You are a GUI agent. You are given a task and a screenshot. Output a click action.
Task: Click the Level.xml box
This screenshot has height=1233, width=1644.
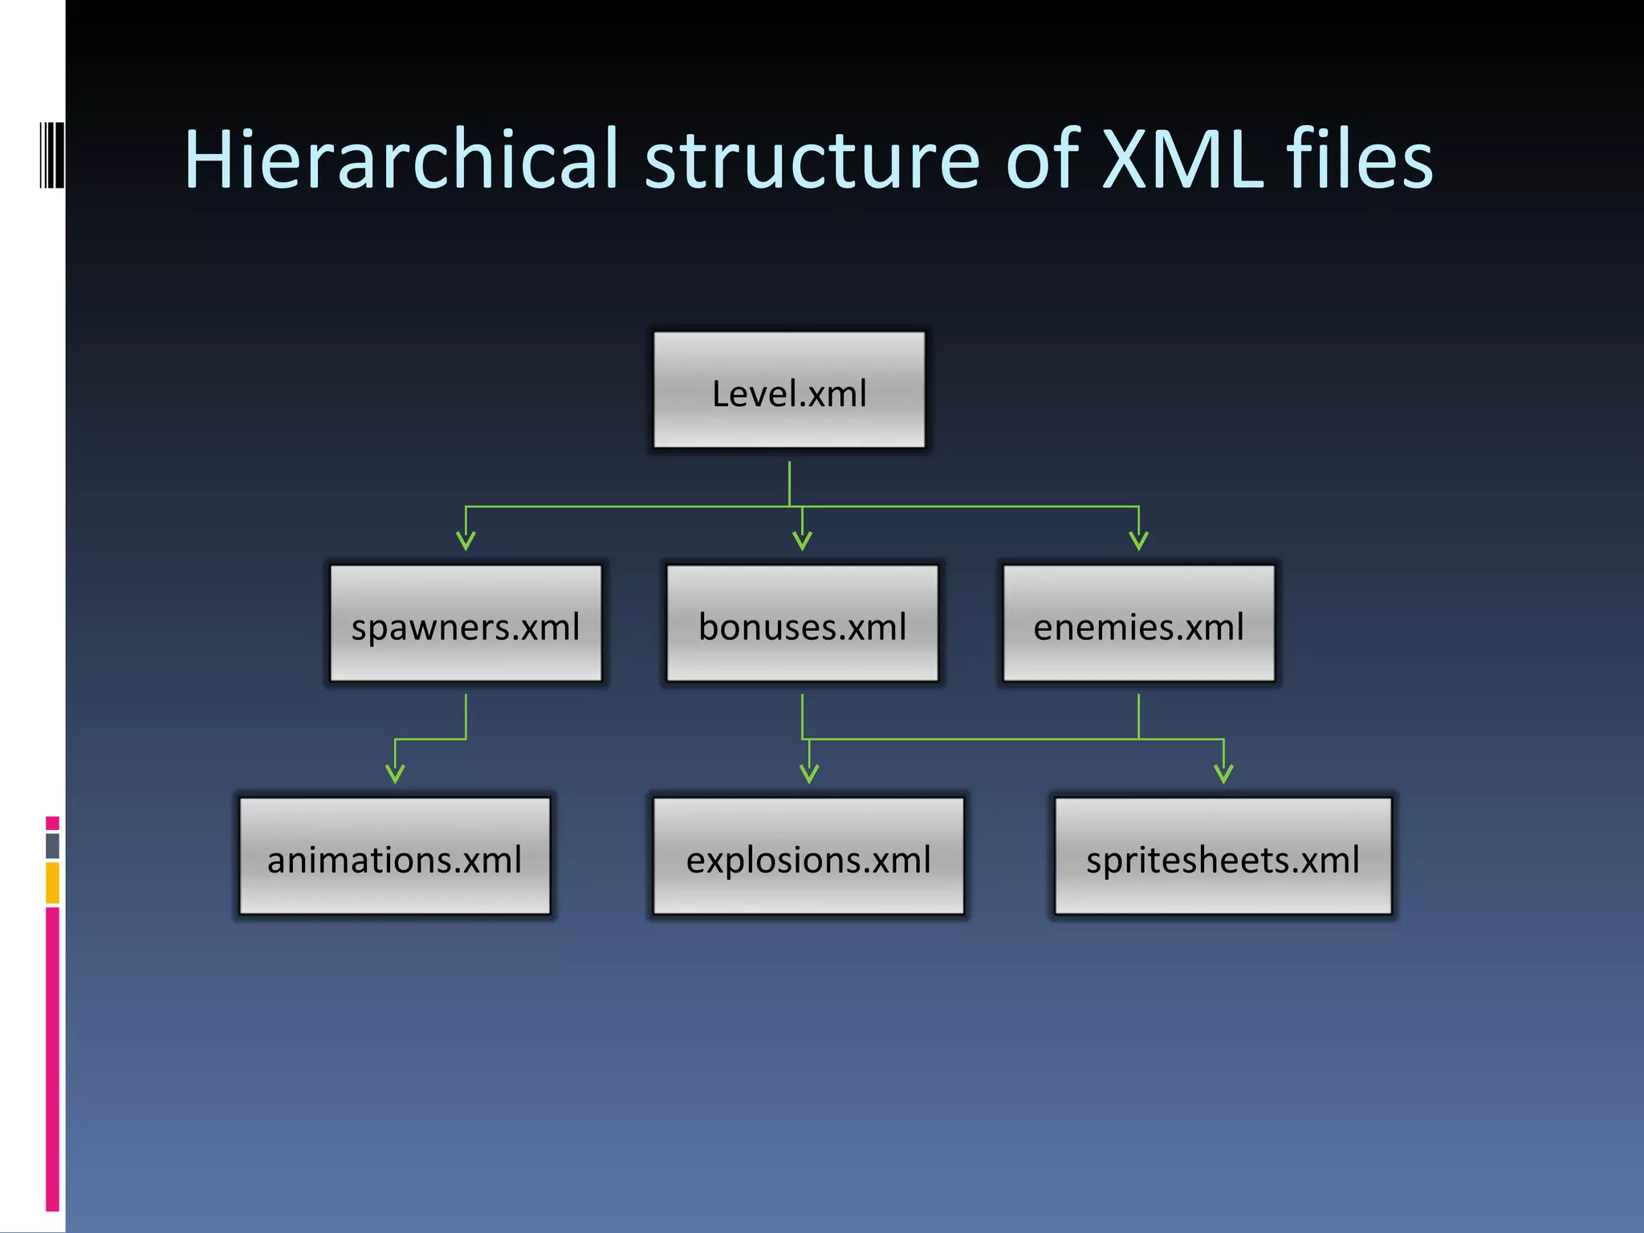[789, 391]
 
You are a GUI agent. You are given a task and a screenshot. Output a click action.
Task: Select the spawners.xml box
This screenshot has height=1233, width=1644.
[466, 624]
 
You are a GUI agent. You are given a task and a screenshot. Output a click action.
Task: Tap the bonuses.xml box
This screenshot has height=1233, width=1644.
[802, 624]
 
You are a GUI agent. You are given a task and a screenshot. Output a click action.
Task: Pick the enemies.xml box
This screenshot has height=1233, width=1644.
[1138, 624]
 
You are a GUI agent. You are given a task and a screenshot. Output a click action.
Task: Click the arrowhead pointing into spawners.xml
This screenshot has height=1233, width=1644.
[466, 540]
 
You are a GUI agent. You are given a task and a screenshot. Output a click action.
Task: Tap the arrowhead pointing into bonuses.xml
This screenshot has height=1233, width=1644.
[802, 540]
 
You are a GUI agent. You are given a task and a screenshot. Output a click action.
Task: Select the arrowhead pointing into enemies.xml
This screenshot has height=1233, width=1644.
[1138, 540]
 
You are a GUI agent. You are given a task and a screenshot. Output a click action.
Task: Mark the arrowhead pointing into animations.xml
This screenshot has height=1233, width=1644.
[395, 773]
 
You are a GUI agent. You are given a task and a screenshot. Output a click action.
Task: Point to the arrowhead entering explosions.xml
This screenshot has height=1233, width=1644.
[809, 773]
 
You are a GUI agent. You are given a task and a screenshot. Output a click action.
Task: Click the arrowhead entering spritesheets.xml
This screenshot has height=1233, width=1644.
[1223, 773]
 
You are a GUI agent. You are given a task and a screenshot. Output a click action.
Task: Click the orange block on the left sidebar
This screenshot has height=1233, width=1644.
[52, 882]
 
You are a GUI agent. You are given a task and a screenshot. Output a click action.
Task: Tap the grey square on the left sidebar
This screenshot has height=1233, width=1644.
[52, 845]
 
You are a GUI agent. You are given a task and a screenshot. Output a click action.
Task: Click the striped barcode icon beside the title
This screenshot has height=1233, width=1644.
[51, 155]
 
